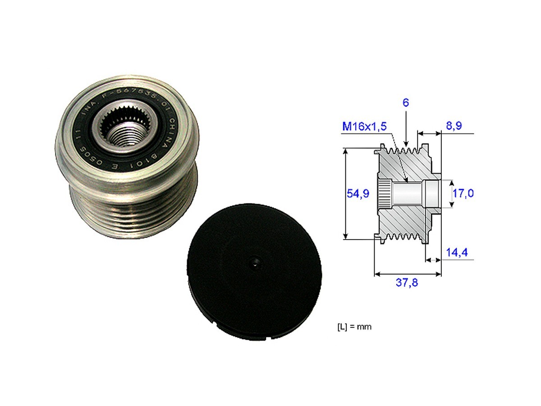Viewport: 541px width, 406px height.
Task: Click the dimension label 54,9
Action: tap(358, 194)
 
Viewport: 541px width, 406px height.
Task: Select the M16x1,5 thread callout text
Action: tap(364, 127)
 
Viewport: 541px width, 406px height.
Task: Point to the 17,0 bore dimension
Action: tap(463, 194)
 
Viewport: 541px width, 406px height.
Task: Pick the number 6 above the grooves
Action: tap(406, 103)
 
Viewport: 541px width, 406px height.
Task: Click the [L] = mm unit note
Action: tap(354, 327)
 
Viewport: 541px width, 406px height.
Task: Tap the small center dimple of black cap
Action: tap(255, 263)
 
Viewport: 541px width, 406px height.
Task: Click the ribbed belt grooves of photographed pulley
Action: tap(131, 212)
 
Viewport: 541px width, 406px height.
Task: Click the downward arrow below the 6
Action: tap(406, 135)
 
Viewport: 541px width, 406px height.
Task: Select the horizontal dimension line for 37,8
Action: tap(408, 273)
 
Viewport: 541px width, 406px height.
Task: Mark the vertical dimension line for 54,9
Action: tap(346, 194)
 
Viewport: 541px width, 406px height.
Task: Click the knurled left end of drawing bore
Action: tap(384, 194)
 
